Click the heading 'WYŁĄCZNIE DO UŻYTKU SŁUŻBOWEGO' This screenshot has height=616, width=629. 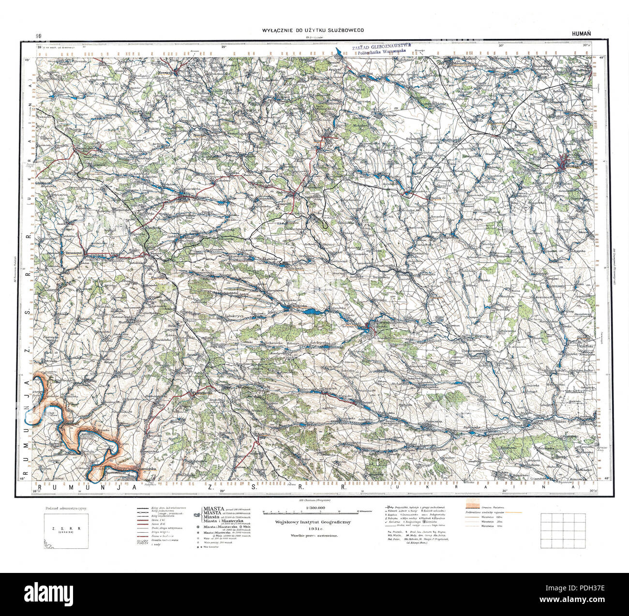click(x=313, y=30)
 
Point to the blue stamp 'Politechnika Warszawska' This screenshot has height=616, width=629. click(x=380, y=54)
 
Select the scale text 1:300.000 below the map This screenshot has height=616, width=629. click(x=315, y=507)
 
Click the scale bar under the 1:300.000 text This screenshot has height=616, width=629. click(x=315, y=511)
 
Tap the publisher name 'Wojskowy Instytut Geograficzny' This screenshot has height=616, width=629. click(x=315, y=523)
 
